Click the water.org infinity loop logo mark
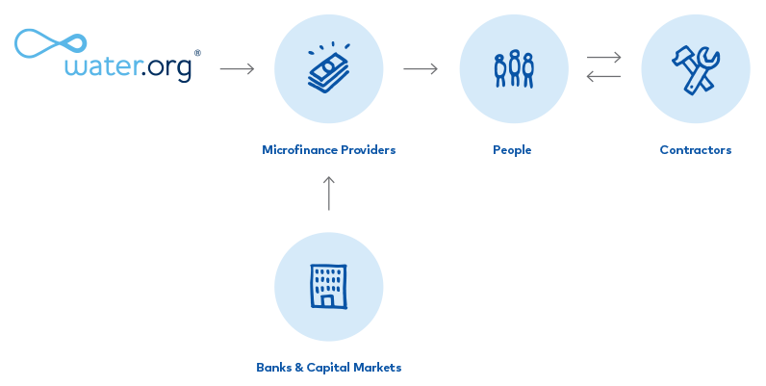point(48,45)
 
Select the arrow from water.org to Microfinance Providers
point(237,69)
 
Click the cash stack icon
point(328,68)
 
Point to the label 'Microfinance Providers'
point(328,150)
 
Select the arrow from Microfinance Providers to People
point(421,69)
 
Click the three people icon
point(513,68)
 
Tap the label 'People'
point(512,150)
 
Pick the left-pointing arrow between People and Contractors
point(604,78)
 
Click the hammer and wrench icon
point(696,68)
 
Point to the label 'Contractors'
point(696,150)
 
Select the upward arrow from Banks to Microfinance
point(329,193)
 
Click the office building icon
point(328,287)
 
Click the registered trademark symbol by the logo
point(198,53)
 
